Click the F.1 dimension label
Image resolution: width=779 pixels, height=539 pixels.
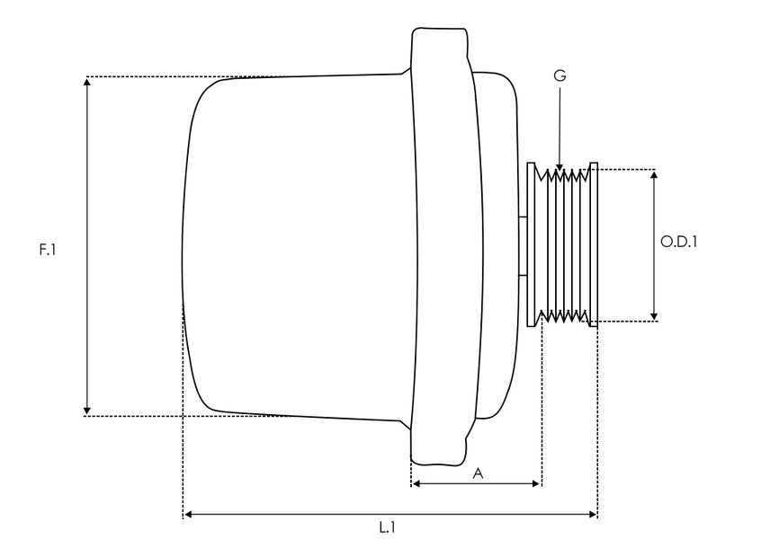tap(48, 250)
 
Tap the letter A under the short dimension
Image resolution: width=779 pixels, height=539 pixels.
tap(478, 473)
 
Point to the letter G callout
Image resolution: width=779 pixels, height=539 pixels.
tap(560, 78)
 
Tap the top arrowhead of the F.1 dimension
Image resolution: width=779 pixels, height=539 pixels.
tap(87, 82)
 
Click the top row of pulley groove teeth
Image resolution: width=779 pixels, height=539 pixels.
tap(562, 176)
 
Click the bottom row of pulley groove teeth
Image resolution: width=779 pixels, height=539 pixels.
tap(562, 315)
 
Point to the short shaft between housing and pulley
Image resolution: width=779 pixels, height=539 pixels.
tap(522, 243)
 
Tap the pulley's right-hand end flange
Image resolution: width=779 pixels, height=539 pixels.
tap(594, 243)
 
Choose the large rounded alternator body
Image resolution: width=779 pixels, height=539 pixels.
tap(297, 244)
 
